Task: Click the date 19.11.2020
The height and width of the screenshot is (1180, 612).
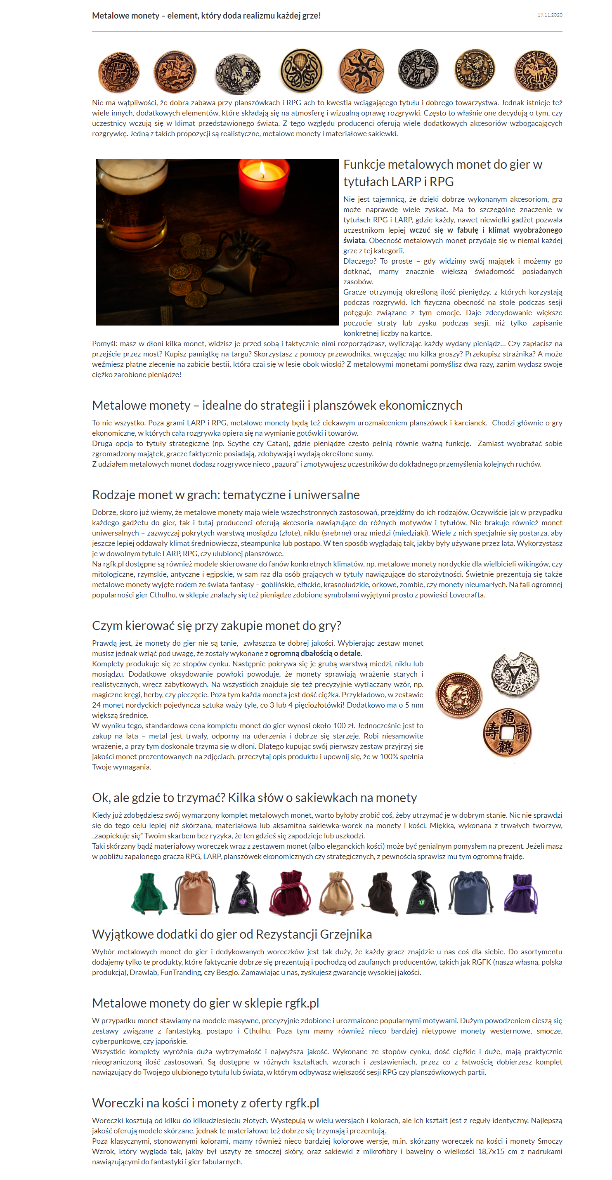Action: pyautogui.click(x=549, y=15)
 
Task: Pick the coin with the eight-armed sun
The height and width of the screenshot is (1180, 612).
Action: pyautogui.click(x=361, y=71)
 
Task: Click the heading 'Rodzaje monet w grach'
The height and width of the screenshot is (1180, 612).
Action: pyautogui.click(x=225, y=495)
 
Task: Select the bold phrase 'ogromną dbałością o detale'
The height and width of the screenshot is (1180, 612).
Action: pyautogui.click(x=315, y=653)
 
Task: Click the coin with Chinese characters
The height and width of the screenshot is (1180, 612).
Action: pyautogui.click(x=507, y=732)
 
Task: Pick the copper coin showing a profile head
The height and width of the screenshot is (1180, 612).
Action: pyautogui.click(x=458, y=694)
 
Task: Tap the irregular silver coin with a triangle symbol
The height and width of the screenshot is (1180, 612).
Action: pyautogui.click(x=515, y=674)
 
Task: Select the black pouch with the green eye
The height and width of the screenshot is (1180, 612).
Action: pyautogui.click(x=421, y=894)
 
